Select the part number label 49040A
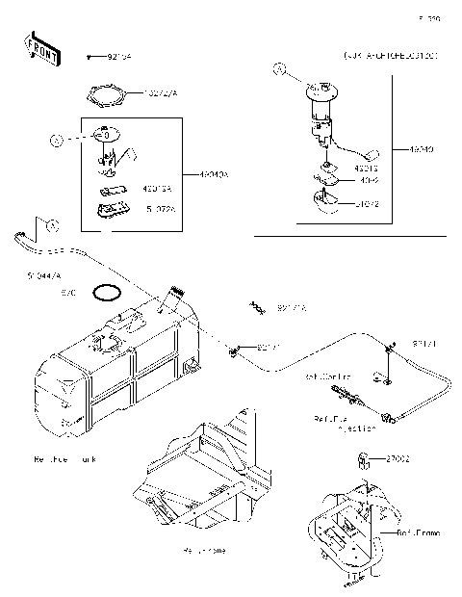point(214,174)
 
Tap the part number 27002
point(398,459)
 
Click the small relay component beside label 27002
point(367,458)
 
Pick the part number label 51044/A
point(47,275)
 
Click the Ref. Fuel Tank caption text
point(65,459)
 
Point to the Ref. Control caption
point(328,376)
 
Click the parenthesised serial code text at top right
point(390,57)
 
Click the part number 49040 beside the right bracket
point(421,150)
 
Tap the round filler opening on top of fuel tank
point(107,342)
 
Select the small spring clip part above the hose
point(257,307)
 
